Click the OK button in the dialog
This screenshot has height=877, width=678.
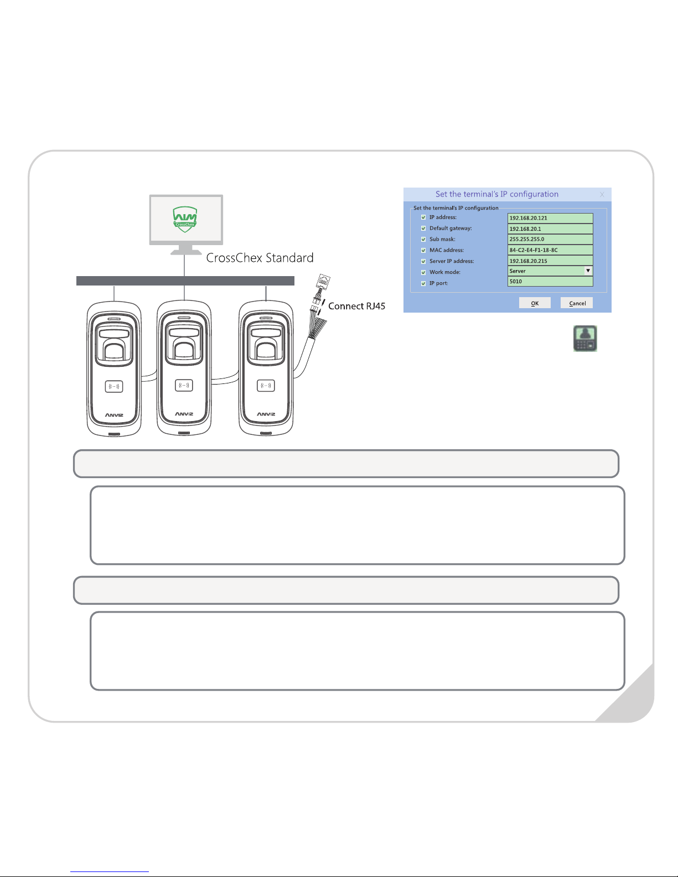tap(535, 303)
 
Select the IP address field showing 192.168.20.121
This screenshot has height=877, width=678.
tap(550, 218)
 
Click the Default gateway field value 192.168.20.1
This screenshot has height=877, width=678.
tap(550, 229)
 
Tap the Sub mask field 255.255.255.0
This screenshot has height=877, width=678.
tap(550, 240)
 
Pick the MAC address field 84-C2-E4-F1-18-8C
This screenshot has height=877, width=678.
tap(550, 250)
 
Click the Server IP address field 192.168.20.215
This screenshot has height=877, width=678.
tap(550, 261)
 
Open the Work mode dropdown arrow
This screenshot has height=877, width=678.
tap(588, 271)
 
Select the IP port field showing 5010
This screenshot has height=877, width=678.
tap(550, 282)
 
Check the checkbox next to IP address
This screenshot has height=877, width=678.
tap(423, 217)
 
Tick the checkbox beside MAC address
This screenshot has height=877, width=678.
tap(423, 250)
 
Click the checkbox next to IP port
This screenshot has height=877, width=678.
tap(423, 283)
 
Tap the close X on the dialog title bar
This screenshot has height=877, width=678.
tap(602, 195)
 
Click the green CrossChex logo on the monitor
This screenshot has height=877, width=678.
tap(185, 217)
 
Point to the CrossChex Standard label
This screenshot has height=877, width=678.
tap(260, 258)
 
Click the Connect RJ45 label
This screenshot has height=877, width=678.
tap(356, 306)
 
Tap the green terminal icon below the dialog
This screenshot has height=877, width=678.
tap(585, 339)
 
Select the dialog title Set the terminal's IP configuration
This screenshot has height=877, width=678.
tap(496, 194)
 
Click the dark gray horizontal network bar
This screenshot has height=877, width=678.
tap(185, 281)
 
